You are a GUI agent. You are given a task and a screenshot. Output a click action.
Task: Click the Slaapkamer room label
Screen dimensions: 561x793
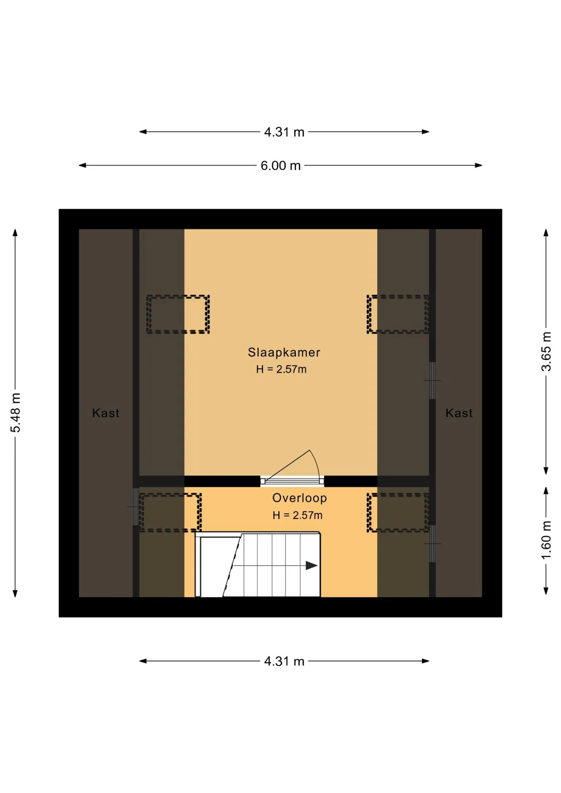pos(284,352)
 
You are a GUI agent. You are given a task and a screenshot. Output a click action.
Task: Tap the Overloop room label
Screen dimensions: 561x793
pos(300,498)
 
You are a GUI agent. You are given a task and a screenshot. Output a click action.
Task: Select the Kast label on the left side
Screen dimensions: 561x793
pos(106,413)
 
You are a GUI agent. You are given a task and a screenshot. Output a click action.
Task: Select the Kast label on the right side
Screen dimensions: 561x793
pos(459,413)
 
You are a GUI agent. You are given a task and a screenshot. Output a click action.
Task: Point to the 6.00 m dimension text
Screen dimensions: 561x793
pos(280,166)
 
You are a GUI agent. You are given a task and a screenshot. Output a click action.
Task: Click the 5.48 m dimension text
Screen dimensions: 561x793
pos(15,413)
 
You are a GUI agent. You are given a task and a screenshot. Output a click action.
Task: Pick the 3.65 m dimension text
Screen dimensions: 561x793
pos(546,351)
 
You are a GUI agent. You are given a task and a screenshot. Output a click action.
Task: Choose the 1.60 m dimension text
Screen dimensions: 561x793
pos(546,540)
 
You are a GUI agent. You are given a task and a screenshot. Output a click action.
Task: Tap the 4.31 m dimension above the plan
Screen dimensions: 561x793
pos(284,132)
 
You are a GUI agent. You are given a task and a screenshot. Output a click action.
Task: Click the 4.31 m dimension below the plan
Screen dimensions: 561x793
pos(284,661)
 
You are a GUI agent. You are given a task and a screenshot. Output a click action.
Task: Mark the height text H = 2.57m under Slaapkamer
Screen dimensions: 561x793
pos(281,369)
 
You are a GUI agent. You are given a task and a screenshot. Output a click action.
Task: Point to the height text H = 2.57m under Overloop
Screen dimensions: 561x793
pos(297,515)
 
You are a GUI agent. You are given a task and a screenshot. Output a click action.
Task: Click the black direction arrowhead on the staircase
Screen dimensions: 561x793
pos(311,565)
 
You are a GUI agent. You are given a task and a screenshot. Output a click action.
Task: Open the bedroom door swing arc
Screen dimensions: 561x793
pos(317,463)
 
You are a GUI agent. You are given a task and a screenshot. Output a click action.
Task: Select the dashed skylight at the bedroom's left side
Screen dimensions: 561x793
pos(178,314)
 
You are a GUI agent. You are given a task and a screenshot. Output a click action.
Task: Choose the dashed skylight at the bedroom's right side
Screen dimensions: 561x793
pos(398,314)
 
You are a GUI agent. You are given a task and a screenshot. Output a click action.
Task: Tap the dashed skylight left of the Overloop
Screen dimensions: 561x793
pos(170,512)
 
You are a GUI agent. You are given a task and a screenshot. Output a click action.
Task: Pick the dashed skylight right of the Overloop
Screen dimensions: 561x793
pos(398,512)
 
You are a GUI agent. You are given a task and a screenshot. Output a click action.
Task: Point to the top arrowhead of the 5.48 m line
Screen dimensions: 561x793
pos(15,233)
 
